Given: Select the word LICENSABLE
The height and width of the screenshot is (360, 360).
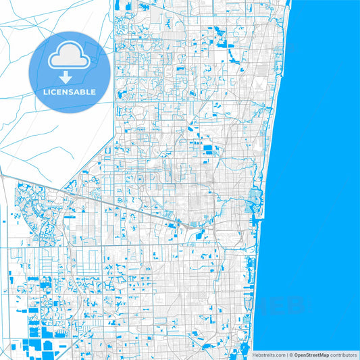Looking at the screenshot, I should [70, 91].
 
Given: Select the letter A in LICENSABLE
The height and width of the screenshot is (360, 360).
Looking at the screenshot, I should [82, 91].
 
